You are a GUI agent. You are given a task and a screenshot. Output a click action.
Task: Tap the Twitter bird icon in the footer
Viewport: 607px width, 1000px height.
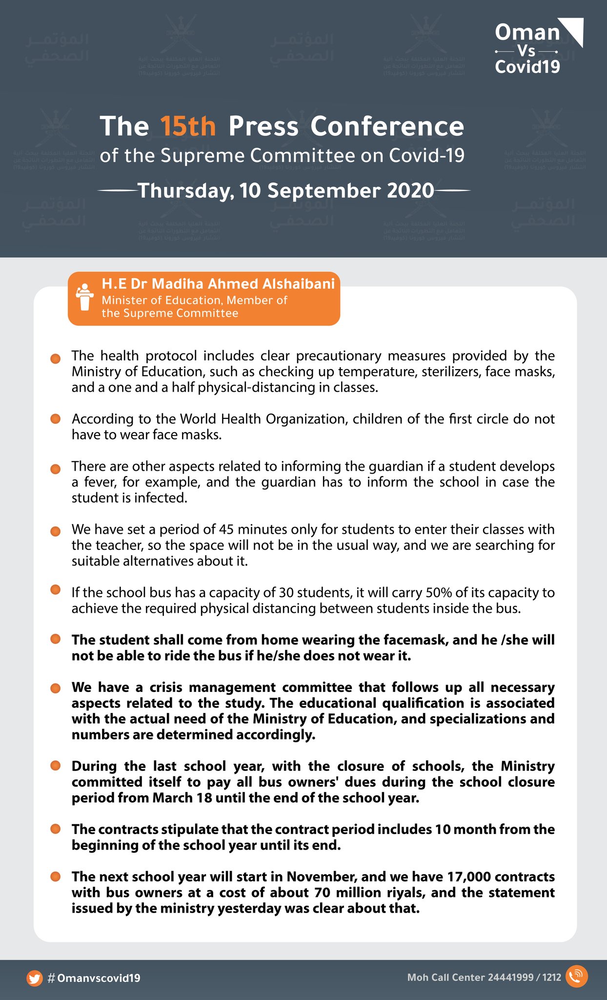pos(34,978)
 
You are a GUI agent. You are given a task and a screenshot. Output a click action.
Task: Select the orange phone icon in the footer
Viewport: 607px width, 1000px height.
pos(576,977)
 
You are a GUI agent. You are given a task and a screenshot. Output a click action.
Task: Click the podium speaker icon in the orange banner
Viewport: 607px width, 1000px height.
pos(85,297)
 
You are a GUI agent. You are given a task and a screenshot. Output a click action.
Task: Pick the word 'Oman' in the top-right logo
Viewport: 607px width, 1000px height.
pos(527,33)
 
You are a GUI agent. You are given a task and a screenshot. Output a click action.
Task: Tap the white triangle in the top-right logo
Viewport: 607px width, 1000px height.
pos(572,31)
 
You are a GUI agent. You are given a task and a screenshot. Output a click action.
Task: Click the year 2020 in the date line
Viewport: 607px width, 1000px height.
pos(410,190)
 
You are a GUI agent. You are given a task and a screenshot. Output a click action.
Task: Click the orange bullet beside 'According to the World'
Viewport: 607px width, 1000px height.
pos(55,419)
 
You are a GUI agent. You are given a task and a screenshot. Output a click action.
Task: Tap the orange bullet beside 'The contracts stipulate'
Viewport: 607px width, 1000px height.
pos(55,829)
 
